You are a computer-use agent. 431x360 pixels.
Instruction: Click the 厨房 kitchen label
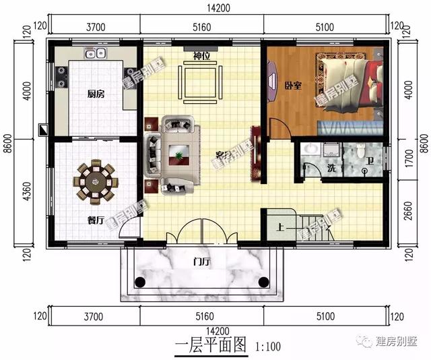click(x=96, y=94)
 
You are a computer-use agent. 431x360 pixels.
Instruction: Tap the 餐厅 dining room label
click(x=96, y=219)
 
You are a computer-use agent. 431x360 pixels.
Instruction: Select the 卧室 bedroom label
click(x=292, y=86)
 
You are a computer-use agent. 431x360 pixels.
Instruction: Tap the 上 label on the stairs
click(x=279, y=227)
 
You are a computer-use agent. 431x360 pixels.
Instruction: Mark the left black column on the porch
click(x=140, y=281)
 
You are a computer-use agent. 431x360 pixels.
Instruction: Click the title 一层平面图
click(x=211, y=347)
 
